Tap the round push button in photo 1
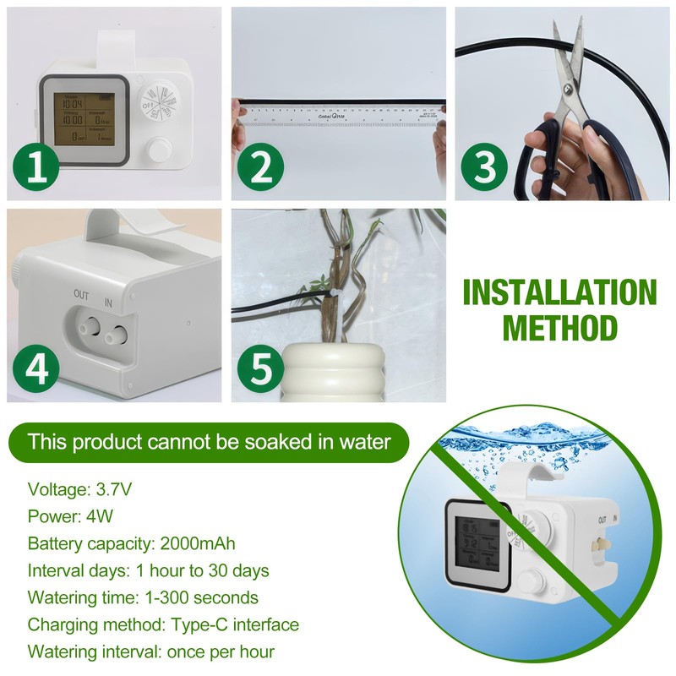(158, 151)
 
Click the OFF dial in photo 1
(159, 102)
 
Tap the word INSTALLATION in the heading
(560, 292)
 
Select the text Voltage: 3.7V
(79, 489)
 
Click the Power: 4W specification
(68, 516)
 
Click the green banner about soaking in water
(209, 441)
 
